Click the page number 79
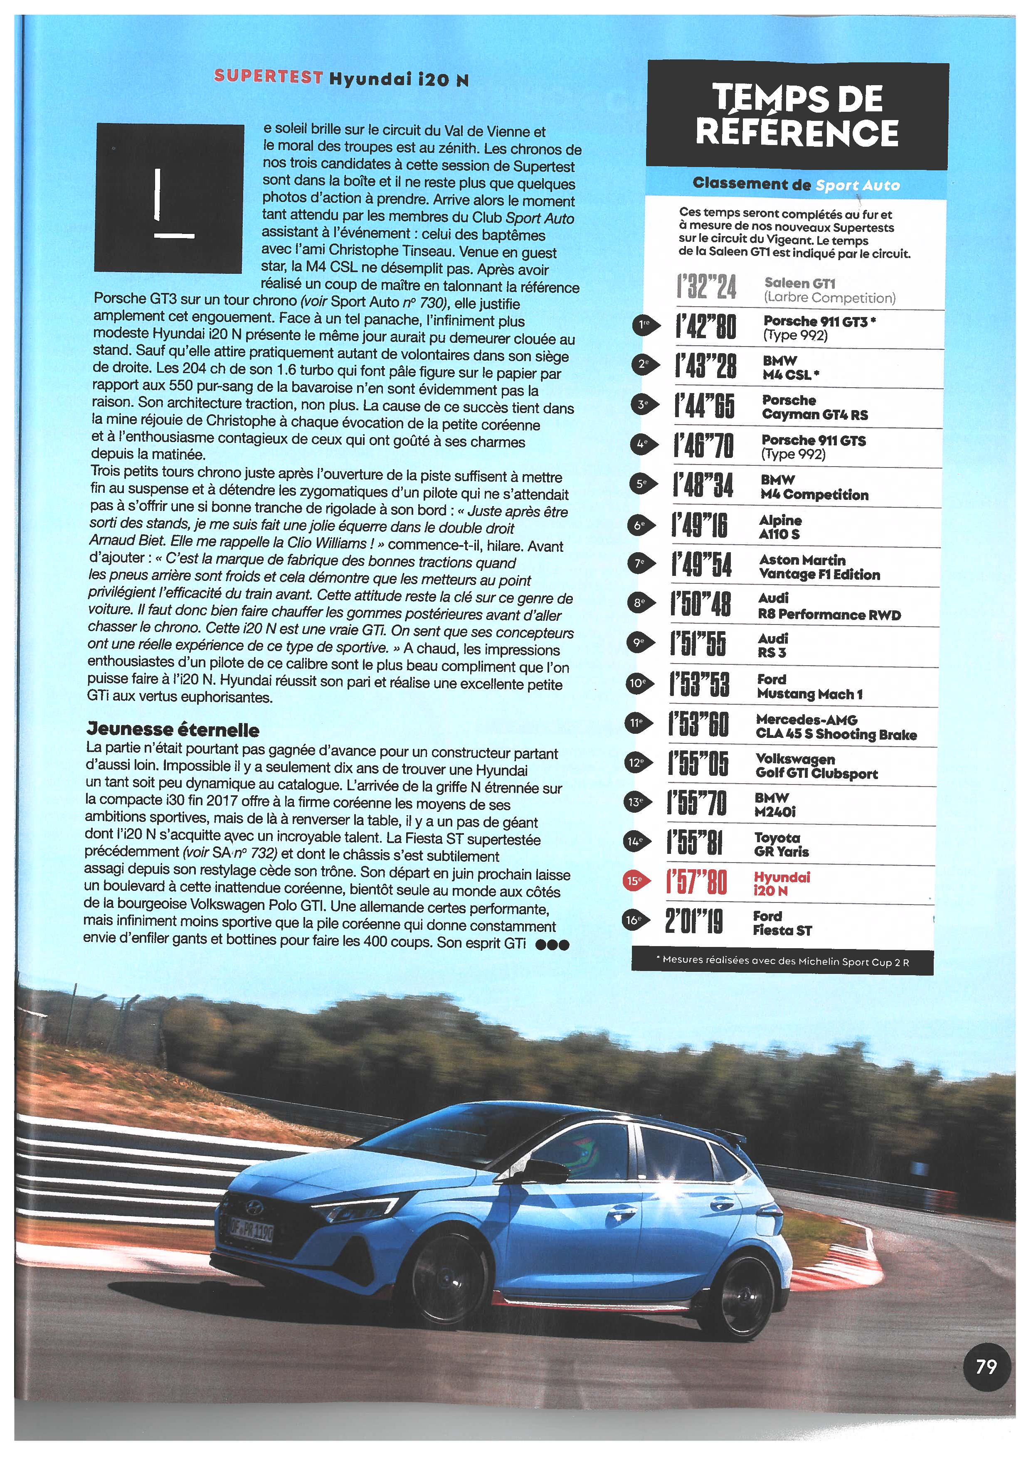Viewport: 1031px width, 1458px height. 986,1365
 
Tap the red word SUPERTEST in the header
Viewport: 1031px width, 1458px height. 267,77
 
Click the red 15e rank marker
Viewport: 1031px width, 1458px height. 636,881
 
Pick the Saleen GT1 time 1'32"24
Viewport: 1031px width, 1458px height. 706,287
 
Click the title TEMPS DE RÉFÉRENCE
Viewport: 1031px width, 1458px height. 797,115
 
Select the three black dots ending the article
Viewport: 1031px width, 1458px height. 552,944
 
